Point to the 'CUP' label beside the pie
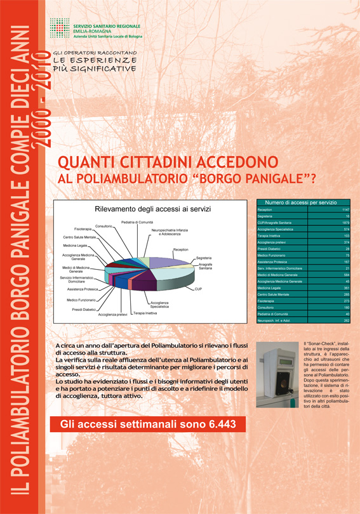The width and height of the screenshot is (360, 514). coord(197,289)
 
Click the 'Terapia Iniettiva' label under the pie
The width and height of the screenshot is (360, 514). coord(145,312)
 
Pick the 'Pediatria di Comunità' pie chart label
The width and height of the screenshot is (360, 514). coord(137,221)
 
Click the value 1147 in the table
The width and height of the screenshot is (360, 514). coord(345,209)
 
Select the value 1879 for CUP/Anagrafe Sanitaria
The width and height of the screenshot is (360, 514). coord(345,223)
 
